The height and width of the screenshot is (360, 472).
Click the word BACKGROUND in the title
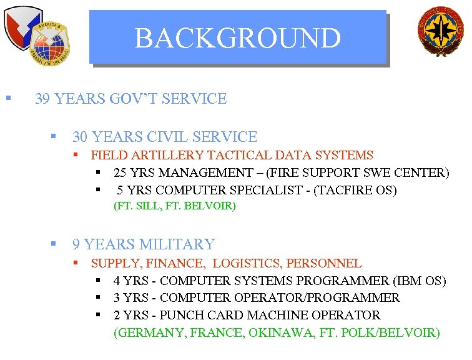click(x=238, y=38)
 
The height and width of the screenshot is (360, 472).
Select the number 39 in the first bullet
click(x=43, y=99)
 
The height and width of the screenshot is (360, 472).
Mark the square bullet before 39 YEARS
click(x=8, y=98)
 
